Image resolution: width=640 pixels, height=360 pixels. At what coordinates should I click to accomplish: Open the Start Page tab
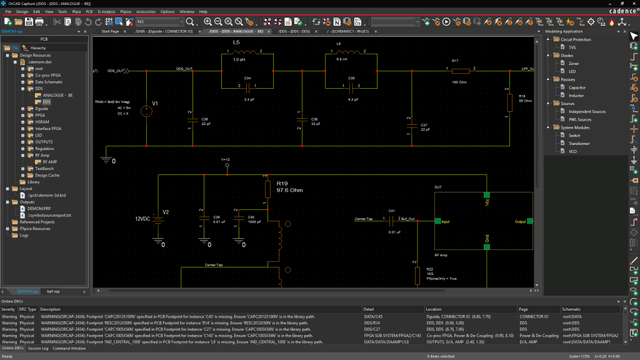(110, 31)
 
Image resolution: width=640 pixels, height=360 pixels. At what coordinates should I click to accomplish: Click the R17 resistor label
(456, 61)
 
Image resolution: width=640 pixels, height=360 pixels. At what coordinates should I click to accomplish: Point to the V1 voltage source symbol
(146, 111)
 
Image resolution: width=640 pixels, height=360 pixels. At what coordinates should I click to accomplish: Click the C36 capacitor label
(206, 118)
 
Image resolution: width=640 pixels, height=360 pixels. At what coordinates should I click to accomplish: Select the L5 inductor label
(236, 42)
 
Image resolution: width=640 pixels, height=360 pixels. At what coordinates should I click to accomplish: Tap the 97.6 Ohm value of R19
(289, 190)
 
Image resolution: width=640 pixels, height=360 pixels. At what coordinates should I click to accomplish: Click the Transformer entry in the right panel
(579, 144)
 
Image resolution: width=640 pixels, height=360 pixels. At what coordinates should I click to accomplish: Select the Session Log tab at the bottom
(38, 348)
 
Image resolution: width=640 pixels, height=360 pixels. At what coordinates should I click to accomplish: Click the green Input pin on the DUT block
(437, 221)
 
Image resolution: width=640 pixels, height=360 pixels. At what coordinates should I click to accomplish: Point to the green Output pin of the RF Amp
(529, 221)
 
